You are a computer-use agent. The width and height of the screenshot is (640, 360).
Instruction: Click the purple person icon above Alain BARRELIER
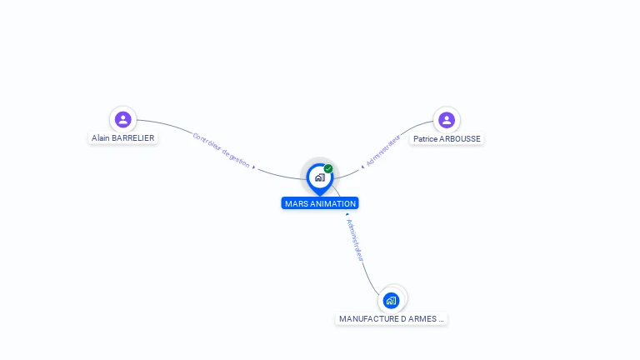point(123,119)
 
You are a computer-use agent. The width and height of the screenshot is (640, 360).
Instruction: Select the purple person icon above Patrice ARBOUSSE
point(447,120)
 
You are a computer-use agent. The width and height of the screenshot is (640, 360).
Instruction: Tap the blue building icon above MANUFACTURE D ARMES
point(392,300)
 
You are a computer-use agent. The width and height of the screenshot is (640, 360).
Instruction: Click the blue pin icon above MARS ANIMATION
point(319,177)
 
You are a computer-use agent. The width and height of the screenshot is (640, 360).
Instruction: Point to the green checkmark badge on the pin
point(328,168)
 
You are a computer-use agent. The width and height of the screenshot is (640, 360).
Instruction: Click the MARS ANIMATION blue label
point(320,203)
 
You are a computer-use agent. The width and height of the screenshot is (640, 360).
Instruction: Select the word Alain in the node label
point(102,138)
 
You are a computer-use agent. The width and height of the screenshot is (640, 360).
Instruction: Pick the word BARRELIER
point(133,138)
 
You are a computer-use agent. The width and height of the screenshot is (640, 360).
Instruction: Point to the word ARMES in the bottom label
point(422,319)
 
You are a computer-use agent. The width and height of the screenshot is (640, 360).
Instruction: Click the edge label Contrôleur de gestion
point(221,150)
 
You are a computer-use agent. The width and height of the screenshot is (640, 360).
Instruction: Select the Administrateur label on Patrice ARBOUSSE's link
point(383,148)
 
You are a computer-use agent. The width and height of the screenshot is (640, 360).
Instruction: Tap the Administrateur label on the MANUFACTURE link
point(355,241)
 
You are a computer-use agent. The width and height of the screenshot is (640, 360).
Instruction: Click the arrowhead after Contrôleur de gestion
point(253,167)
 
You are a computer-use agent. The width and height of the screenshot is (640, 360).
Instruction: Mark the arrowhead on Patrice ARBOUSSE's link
point(362,166)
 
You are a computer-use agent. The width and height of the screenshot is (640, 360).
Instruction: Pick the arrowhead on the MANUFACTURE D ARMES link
point(347,215)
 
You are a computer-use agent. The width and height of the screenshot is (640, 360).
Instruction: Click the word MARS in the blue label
point(295,203)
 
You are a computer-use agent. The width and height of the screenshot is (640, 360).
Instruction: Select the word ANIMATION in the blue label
point(332,203)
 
